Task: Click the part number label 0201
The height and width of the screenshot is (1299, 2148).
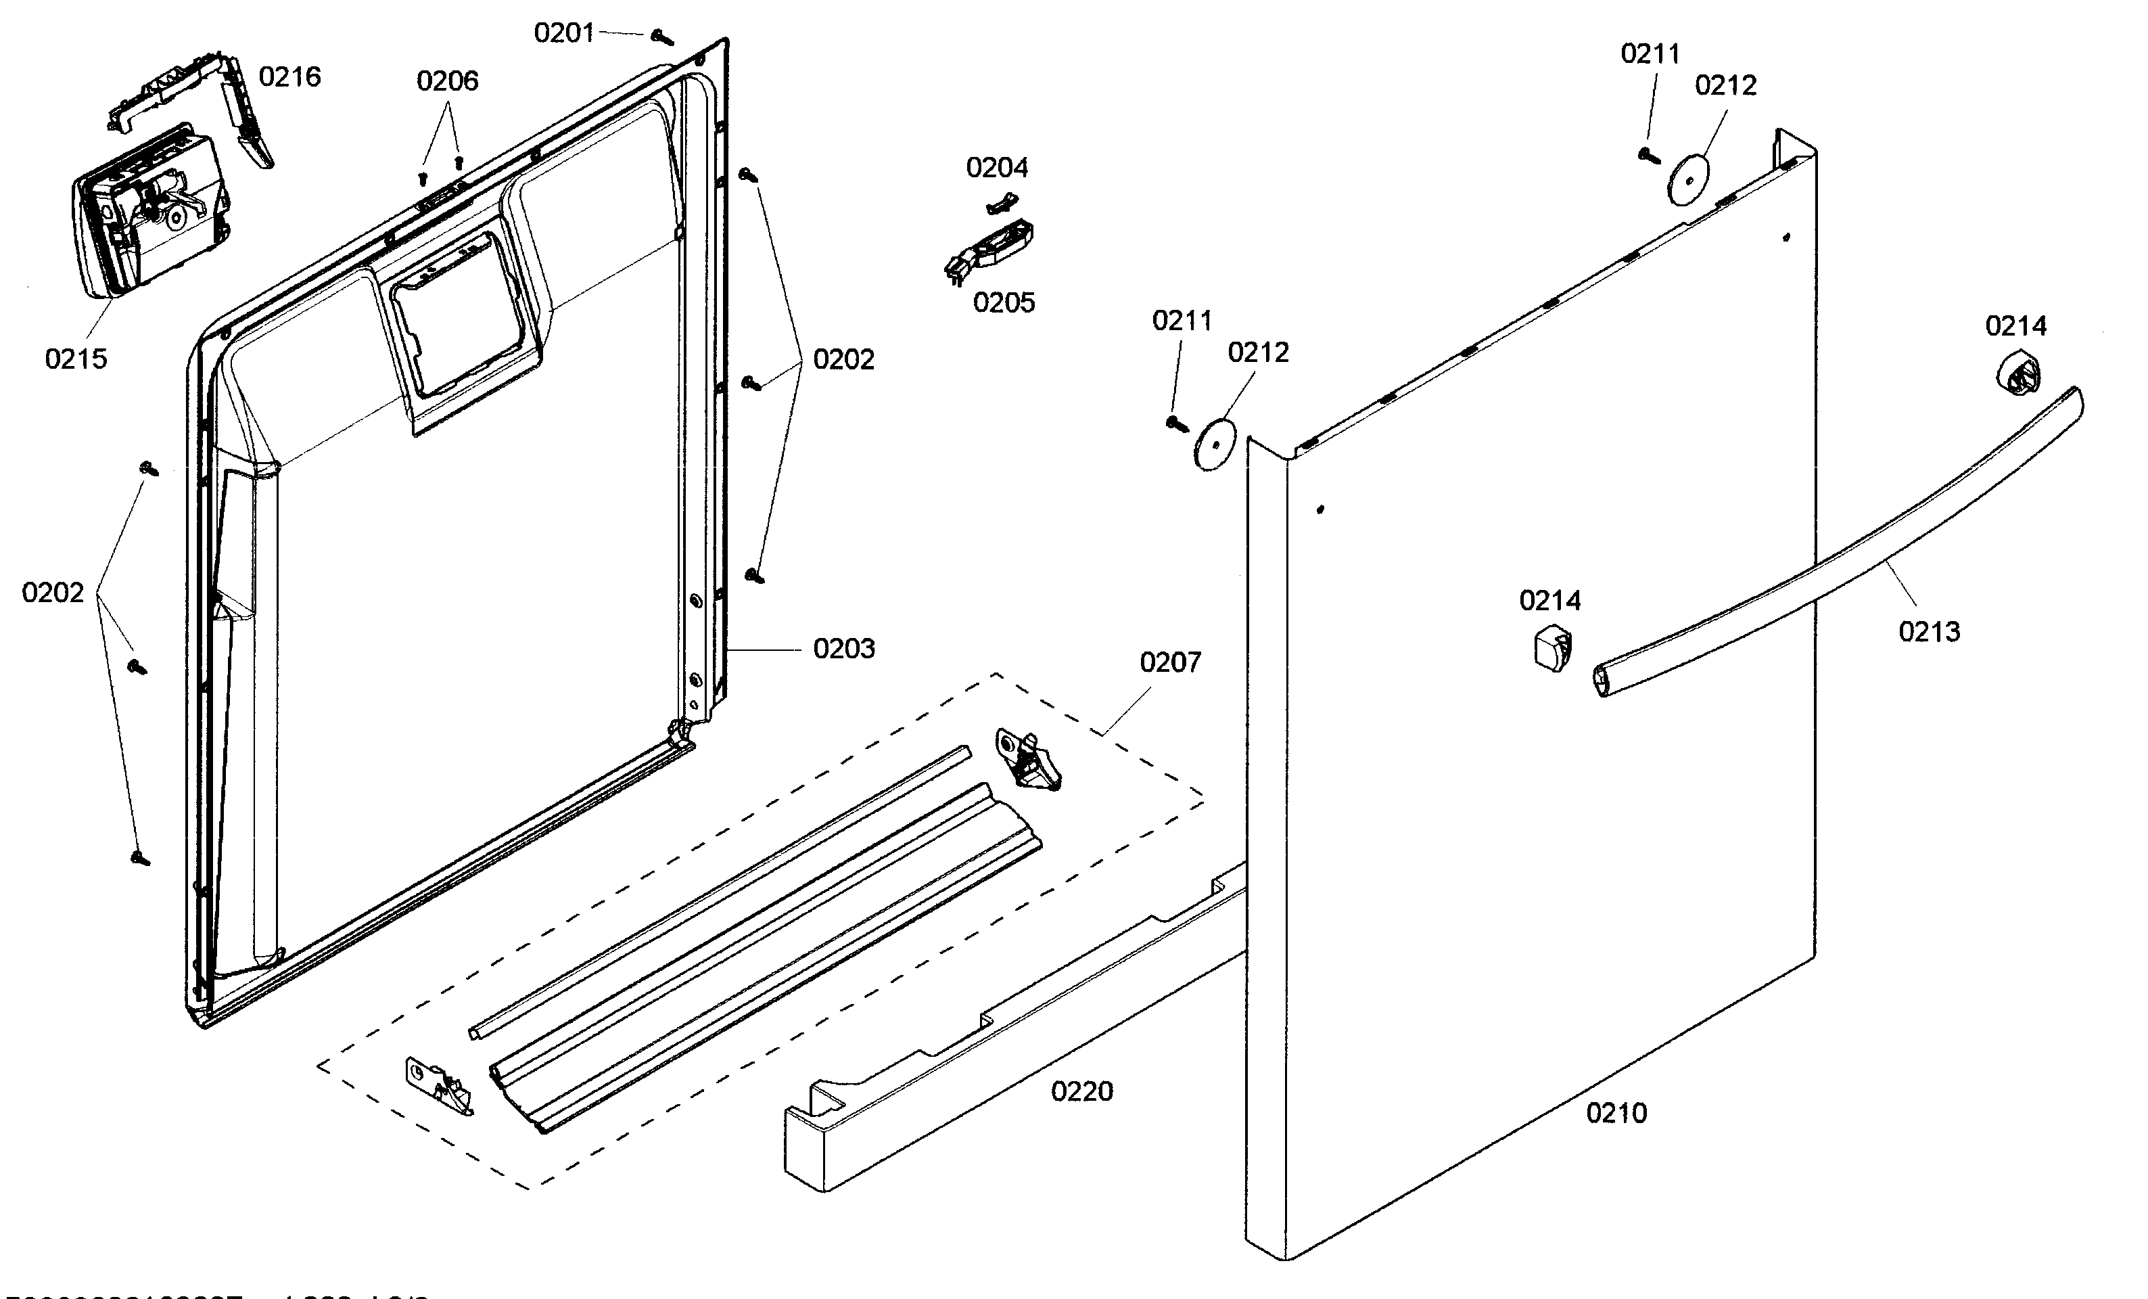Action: [563, 33]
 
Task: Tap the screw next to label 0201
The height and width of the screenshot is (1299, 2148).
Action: [661, 37]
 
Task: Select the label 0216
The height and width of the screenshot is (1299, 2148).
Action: [289, 76]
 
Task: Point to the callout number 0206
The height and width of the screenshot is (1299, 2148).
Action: [447, 81]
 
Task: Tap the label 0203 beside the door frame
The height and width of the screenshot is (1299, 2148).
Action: [843, 649]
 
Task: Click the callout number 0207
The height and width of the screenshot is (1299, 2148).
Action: [1170, 662]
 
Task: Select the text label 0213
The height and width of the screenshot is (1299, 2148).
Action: [1928, 631]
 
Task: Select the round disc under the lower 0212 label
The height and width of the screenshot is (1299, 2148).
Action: [1215, 445]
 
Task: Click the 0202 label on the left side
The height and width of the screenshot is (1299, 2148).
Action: [52, 593]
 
